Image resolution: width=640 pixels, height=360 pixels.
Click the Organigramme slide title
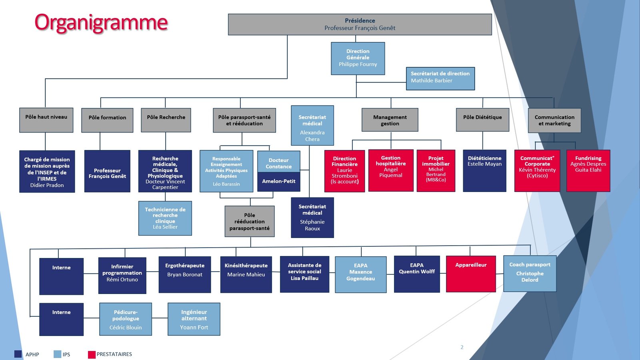(101, 22)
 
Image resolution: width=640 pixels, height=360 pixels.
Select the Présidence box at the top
(360, 24)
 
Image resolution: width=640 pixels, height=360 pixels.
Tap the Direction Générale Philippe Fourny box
(358, 58)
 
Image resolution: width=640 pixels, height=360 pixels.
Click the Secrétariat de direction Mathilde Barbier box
(440, 78)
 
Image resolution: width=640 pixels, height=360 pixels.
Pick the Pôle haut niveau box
(46, 120)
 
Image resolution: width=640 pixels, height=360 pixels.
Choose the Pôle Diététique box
(482, 120)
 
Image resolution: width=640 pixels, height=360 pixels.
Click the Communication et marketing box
(554, 120)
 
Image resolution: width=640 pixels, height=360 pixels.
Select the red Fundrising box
(588, 171)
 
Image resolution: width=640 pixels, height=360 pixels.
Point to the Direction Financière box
(344, 171)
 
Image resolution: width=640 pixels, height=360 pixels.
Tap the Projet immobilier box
(436, 171)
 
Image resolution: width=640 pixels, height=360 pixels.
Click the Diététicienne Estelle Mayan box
(484, 171)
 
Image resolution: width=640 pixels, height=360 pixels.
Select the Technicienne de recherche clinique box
(165, 218)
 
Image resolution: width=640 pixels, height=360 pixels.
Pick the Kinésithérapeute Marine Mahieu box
(246, 274)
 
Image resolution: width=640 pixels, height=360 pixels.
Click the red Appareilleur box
(471, 274)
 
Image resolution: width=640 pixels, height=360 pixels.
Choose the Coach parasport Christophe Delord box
(530, 274)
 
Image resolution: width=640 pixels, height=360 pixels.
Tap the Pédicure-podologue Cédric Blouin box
(126, 319)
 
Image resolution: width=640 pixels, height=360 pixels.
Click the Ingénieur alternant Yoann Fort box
(194, 319)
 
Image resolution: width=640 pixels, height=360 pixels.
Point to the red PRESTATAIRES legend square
(92, 354)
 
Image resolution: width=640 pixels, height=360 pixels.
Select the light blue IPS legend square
(57, 354)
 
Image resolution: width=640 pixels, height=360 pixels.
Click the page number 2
(462, 347)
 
